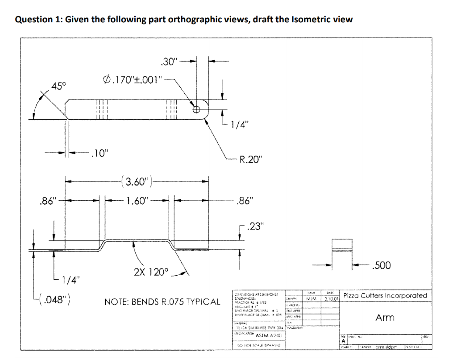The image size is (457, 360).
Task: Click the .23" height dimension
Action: [x=255, y=224]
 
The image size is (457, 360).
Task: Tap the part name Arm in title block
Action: [x=385, y=317]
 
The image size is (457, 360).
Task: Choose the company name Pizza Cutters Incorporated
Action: [x=385, y=296]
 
